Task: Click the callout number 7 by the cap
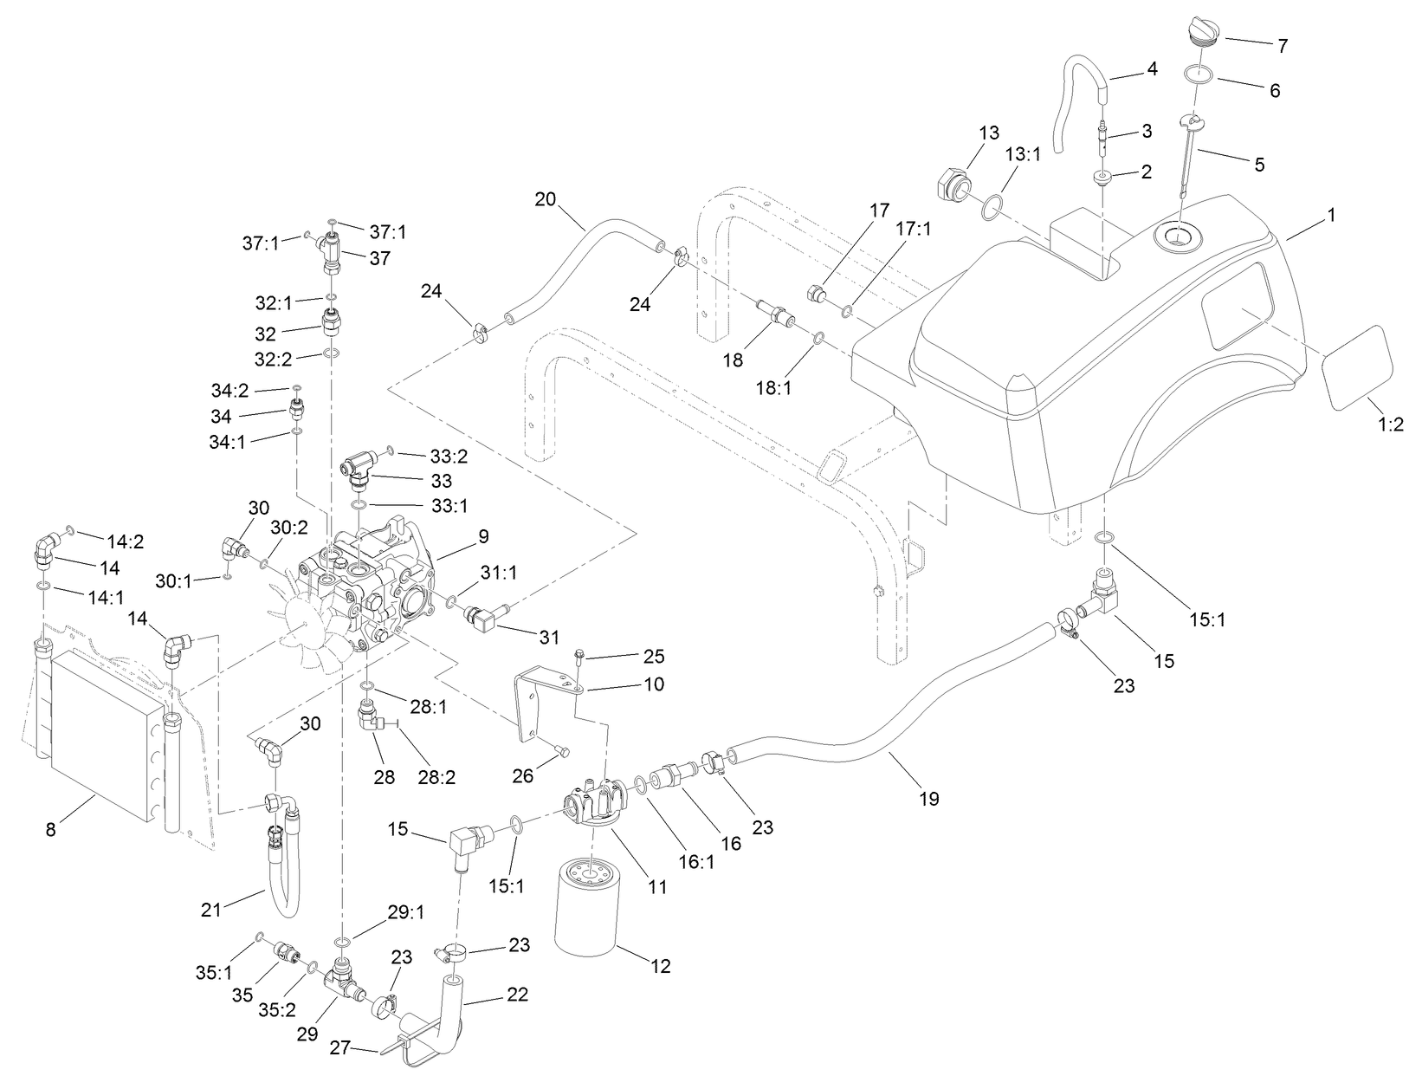1283,46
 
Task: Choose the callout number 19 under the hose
928,798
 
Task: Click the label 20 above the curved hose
545,198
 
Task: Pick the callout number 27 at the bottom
340,1047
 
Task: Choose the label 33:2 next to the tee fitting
447,456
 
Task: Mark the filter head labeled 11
597,804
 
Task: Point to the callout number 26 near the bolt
523,775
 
